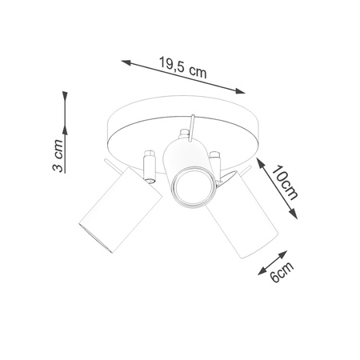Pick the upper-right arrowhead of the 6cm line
[288, 250]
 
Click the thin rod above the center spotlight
[192, 125]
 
